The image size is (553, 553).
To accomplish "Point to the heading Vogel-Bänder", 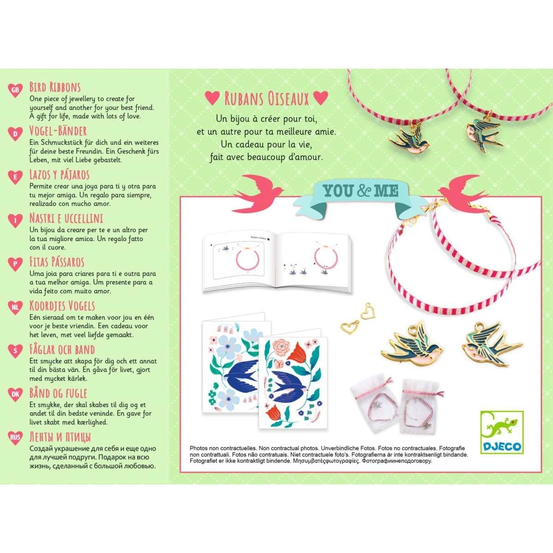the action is pos(58,131).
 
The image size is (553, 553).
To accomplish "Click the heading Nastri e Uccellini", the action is pos(66,218).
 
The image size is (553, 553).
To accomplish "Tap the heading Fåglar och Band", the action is pos(62,349).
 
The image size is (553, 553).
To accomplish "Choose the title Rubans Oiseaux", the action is pos(266,99).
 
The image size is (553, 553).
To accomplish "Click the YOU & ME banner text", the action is pos(360,191).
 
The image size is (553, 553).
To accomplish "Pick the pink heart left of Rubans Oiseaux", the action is pos(212,98).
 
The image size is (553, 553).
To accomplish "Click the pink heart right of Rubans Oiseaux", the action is pos(321,98).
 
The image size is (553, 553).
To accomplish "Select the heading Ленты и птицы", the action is pos(60,437).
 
